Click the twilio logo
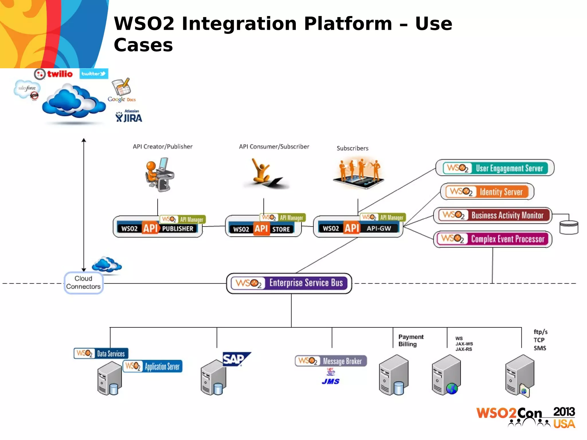pyautogui.click(x=54, y=74)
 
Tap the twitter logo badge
pyautogui.click(x=94, y=74)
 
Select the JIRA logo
pyautogui.click(x=129, y=117)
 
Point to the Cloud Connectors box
pyautogui.click(x=83, y=283)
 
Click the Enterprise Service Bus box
pyautogui.click(x=289, y=283)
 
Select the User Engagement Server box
pyautogui.click(x=495, y=168)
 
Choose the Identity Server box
pyautogui.click(x=487, y=191)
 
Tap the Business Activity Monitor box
pyautogui.click(x=492, y=215)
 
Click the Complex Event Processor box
pyautogui.click(x=492, y=239)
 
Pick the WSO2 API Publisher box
pyautogui.click(x=158, y=228)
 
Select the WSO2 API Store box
pyautogui.click(x=263, y=229)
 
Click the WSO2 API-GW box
pyautogui.click(x=358, y=228)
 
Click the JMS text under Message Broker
pyautogui.click(x=330, y=382)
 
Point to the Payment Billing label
pyautogui.click(x=410, y=340)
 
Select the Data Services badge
pyautogui.click(x=101, y=353)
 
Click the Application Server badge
pyautogui.click(x=153, y=366)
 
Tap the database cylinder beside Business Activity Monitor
pyautogui.click(x=569, y=227)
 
